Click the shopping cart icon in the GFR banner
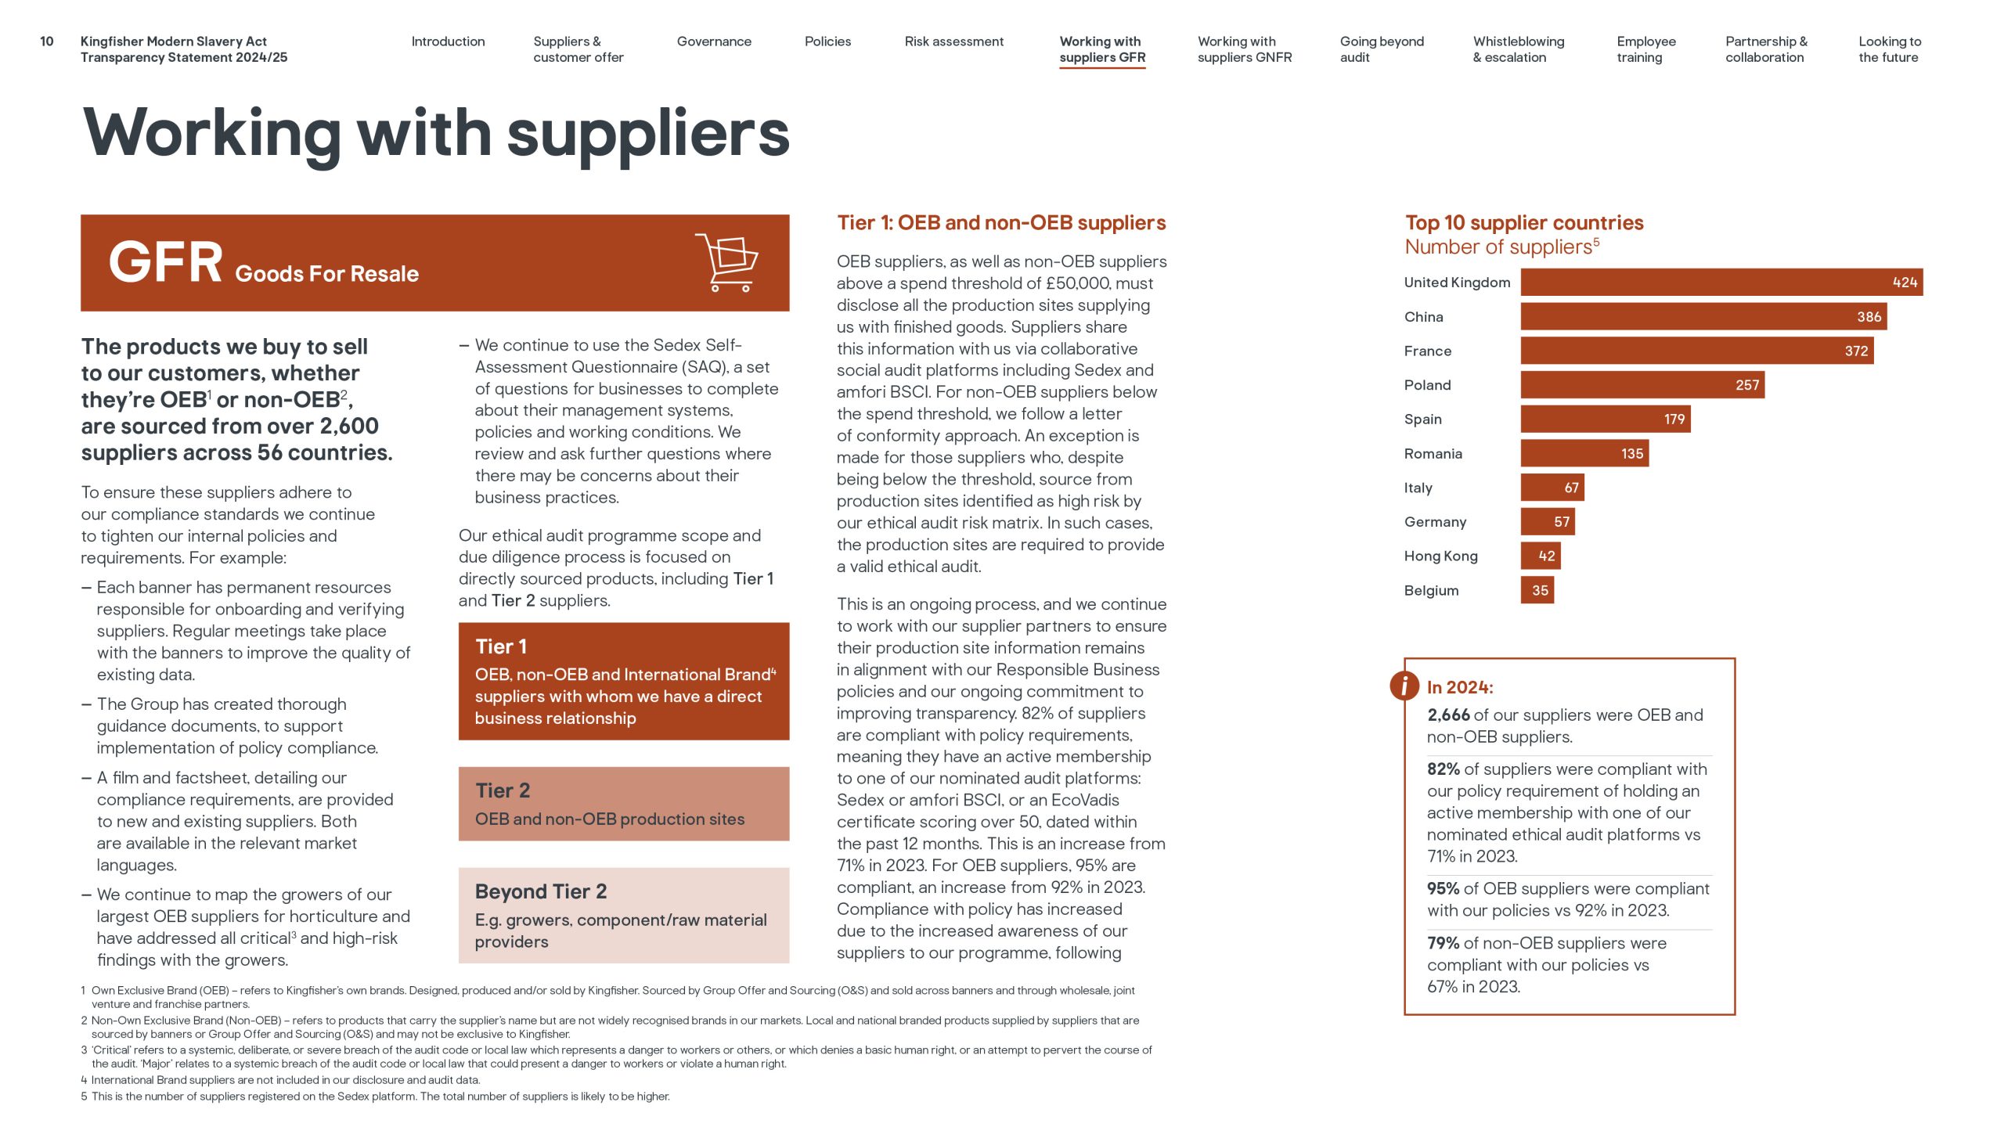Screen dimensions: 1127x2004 click(727, 263)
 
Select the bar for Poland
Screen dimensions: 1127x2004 click(1642, 385)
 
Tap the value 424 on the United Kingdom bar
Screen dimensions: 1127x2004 click(1904, 283)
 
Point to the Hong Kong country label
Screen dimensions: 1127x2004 click(1440, 556)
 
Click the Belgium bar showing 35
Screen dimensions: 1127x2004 click(1537, 591)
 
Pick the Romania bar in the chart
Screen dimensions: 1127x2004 click(1584, 454)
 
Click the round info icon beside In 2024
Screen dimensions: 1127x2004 click(1404, 686)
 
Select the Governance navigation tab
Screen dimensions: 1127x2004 click(714, 41)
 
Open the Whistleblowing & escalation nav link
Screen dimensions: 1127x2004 click(1518, 49)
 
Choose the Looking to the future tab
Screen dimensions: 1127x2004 click(1889, 49)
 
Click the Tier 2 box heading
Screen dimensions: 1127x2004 click(503, 790)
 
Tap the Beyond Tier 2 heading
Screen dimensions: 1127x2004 click(540, 891)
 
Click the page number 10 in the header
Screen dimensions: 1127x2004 click(47, 41)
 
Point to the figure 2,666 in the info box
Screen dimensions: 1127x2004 click(1448, 715)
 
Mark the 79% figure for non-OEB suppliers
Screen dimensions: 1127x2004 click(1443, 944)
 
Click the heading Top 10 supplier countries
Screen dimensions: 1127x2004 click(1523, 223)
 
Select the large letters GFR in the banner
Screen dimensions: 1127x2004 click(165, 263)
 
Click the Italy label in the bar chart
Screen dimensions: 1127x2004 click(1418, 488)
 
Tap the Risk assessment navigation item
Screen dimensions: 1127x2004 click(953, 41)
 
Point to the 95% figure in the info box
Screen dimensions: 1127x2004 click(1443, 889)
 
